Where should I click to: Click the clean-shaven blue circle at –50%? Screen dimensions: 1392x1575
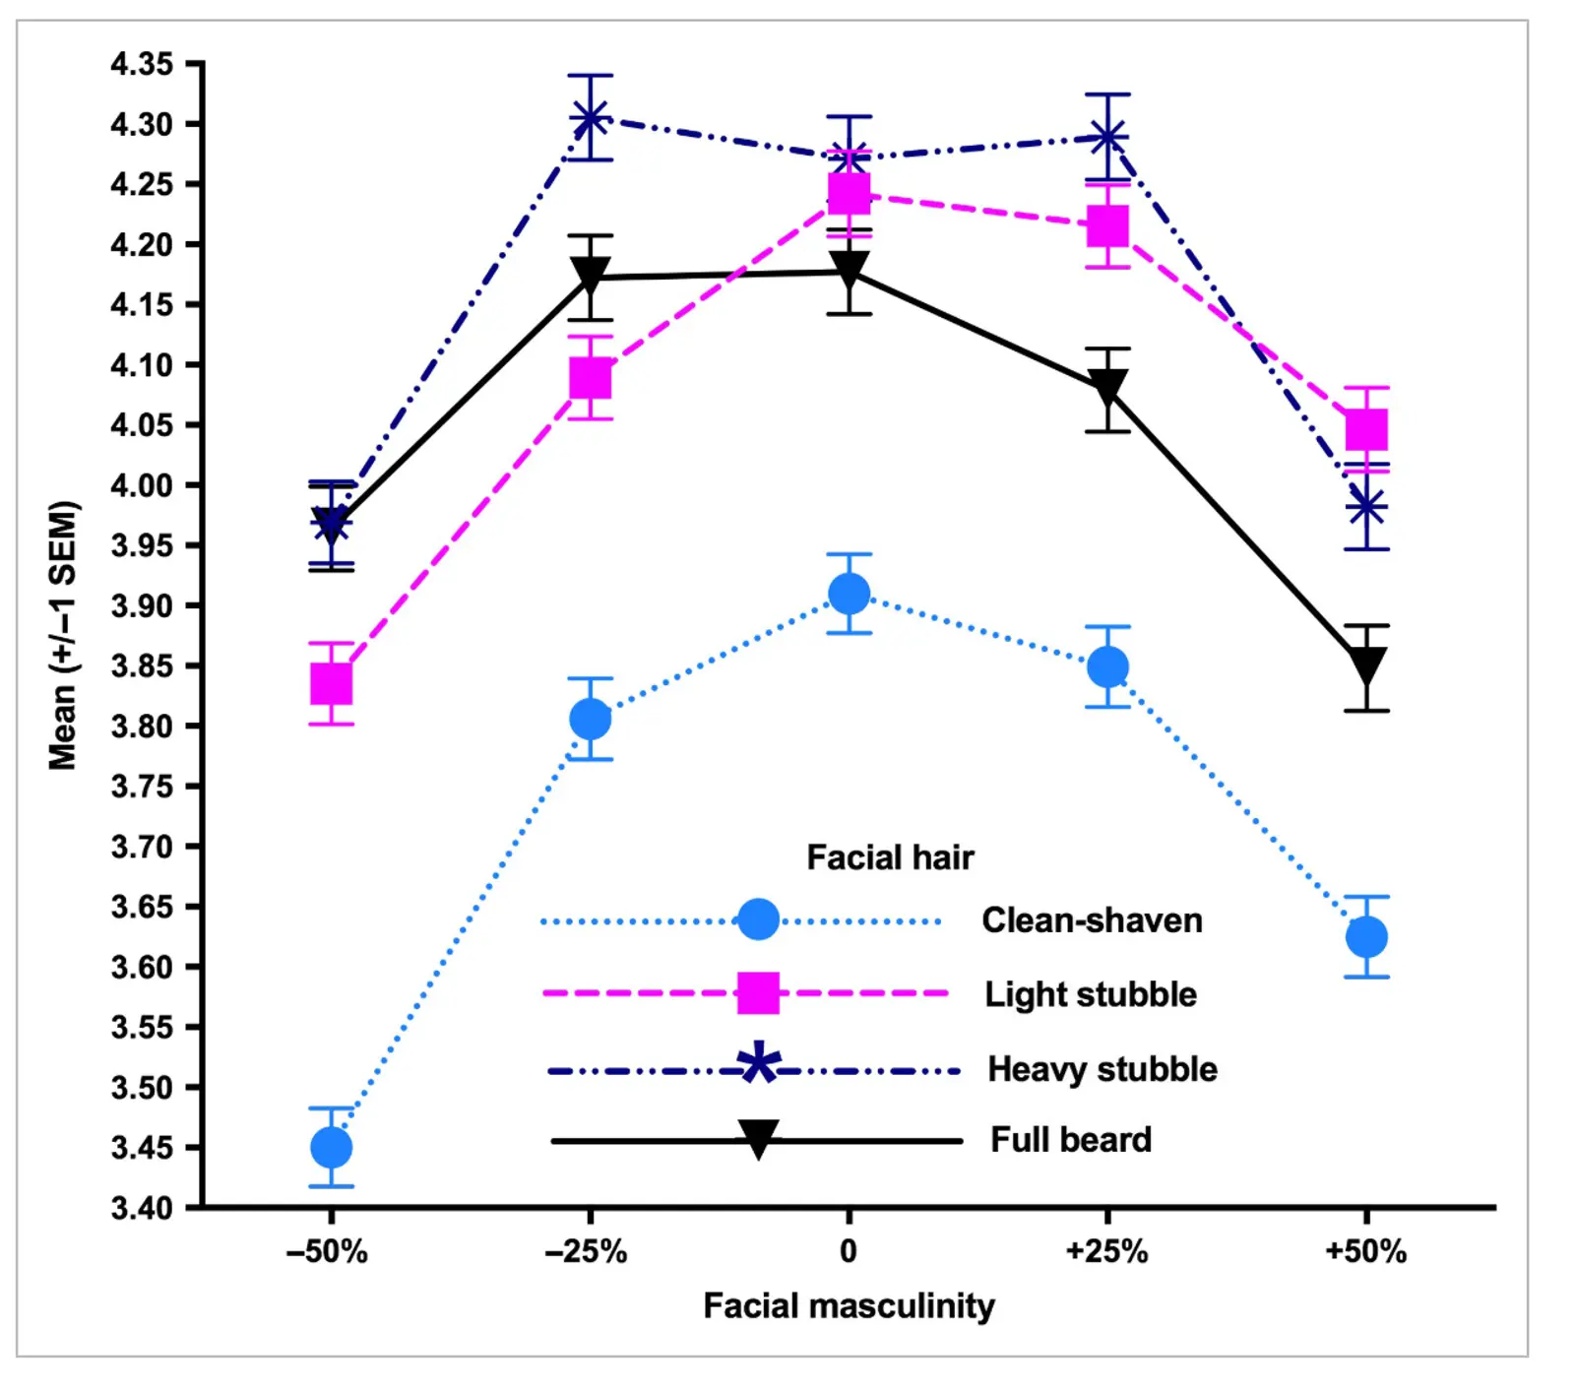(331, 1147)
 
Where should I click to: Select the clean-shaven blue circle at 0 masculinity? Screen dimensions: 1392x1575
(849, 594)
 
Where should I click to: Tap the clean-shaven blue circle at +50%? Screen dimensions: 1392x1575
(1366, 936)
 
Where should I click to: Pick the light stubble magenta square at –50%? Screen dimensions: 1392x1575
(331, 683)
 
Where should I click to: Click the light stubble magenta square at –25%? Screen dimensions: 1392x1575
(590, 378)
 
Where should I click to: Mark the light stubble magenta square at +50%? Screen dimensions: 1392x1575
(1366, 430)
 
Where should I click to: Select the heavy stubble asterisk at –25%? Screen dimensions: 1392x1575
(590, 118)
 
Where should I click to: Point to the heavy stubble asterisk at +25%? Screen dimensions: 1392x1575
(1107, 137)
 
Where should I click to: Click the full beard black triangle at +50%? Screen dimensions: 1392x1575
(1366, 666)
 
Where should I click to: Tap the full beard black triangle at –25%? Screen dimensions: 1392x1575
(590, 276)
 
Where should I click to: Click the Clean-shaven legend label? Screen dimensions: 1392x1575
(1092, 920)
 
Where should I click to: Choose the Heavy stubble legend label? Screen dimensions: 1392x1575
(1102, 1069)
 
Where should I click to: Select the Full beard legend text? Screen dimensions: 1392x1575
(1071, 1140)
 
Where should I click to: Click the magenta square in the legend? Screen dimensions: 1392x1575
(758, 993)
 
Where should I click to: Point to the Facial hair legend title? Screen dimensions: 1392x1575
(890, 857)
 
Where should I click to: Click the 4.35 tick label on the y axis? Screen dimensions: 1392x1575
(142, 65)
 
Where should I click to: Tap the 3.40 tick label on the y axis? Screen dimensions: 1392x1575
(142, 1207)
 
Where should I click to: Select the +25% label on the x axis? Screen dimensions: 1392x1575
(1107, 1252)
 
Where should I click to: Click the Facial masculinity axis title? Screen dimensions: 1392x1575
(849, 1306)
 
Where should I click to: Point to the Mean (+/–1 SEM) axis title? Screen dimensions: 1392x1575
(63, 635)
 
